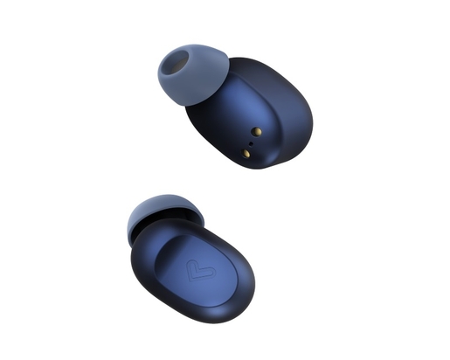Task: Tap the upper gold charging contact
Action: click(255, 131)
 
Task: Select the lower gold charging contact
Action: click(246, 153)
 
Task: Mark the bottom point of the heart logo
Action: click(200, 281)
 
